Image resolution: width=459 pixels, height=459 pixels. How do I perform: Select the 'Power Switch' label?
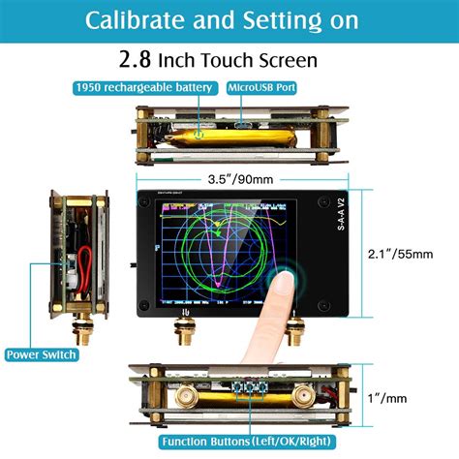click(43, 353)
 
